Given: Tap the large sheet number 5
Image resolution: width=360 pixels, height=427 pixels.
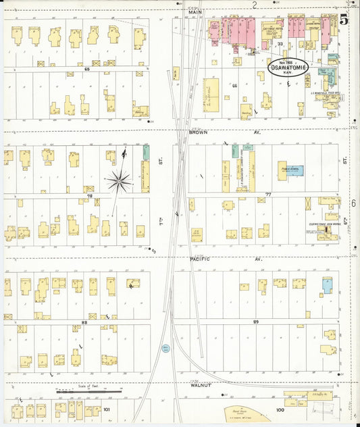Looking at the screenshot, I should (x=344, y=20).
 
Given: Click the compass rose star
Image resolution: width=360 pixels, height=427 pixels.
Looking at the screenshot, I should (x=120, y=180).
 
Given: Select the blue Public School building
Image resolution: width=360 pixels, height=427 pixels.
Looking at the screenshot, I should (x=295, y=171).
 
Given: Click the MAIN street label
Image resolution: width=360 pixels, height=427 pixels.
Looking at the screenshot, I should (x=196, y=12).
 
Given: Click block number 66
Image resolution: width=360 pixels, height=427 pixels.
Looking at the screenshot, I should (x=234, y=86).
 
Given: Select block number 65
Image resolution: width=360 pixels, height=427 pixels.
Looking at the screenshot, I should (x=86, y=69).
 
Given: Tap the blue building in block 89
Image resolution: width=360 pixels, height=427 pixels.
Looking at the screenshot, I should (x=327, y=285).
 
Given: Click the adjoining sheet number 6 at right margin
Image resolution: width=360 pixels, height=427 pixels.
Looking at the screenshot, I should (x=353, y=203).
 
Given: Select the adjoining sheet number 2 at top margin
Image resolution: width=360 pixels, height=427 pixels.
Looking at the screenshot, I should (x=254, y=4).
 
